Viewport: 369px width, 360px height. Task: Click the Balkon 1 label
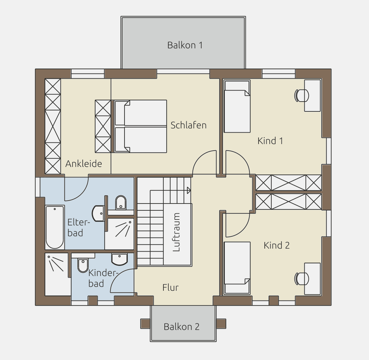[x=185, y=45]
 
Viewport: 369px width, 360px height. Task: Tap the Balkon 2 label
[x=181, y=327]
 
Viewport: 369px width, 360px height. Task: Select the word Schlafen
[x=189, y=125]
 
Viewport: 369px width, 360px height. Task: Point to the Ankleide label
[x=84, y=164]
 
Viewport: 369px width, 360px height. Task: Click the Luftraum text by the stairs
[x=176, y=232]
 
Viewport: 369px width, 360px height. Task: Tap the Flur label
[x=171, y=287]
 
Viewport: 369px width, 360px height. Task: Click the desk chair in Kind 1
[x=301, y=95]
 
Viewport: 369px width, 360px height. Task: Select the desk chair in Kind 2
[x=301, y=279]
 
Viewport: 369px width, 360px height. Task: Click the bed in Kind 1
[x=237, y=106]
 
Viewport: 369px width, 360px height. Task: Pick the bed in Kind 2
[x=237, y=268]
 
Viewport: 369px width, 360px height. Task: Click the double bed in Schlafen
[x=141, y=126]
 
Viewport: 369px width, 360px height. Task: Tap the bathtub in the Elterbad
[x=55, y=227]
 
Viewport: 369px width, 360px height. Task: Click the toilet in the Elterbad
[x=121, y=203]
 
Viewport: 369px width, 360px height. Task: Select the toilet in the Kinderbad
[x=83, y=265]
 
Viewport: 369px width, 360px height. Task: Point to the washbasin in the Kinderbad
[x=119, y=259]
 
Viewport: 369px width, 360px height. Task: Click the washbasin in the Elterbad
[x=98, y=214]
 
